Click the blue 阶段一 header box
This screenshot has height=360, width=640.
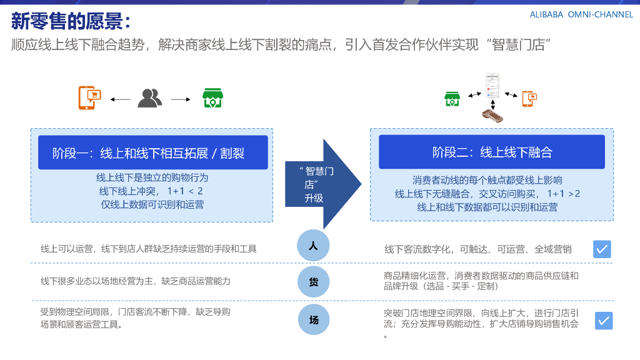(152, 152)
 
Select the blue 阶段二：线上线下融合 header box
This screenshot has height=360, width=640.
(492, 152)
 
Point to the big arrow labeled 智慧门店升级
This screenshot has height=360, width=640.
(322, 184)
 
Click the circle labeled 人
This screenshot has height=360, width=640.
(313, 246)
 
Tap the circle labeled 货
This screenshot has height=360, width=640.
(313, 282)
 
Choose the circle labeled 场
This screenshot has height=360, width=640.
(313, 320)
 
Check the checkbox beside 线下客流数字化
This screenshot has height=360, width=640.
(602, 249)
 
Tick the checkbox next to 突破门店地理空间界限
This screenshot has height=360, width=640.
(603, 321)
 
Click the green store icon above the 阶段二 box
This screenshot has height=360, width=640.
(452, 98)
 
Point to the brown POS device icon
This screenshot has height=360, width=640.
(492, 115)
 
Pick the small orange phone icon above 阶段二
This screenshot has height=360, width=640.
(530, 98)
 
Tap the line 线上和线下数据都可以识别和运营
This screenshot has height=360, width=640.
(487, 207)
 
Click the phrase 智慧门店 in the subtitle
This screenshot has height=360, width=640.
(521, 45)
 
